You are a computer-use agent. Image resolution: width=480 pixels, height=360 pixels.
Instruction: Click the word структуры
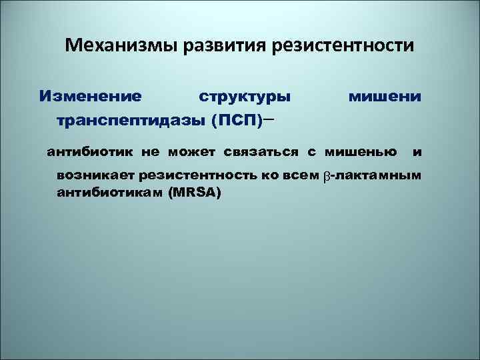(245, 97)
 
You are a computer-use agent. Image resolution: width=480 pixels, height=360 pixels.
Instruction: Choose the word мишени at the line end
(385, 97)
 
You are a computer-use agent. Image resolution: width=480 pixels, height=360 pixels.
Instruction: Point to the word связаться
(262, 151)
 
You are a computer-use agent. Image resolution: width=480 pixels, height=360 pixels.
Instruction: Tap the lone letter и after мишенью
(417, 151)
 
